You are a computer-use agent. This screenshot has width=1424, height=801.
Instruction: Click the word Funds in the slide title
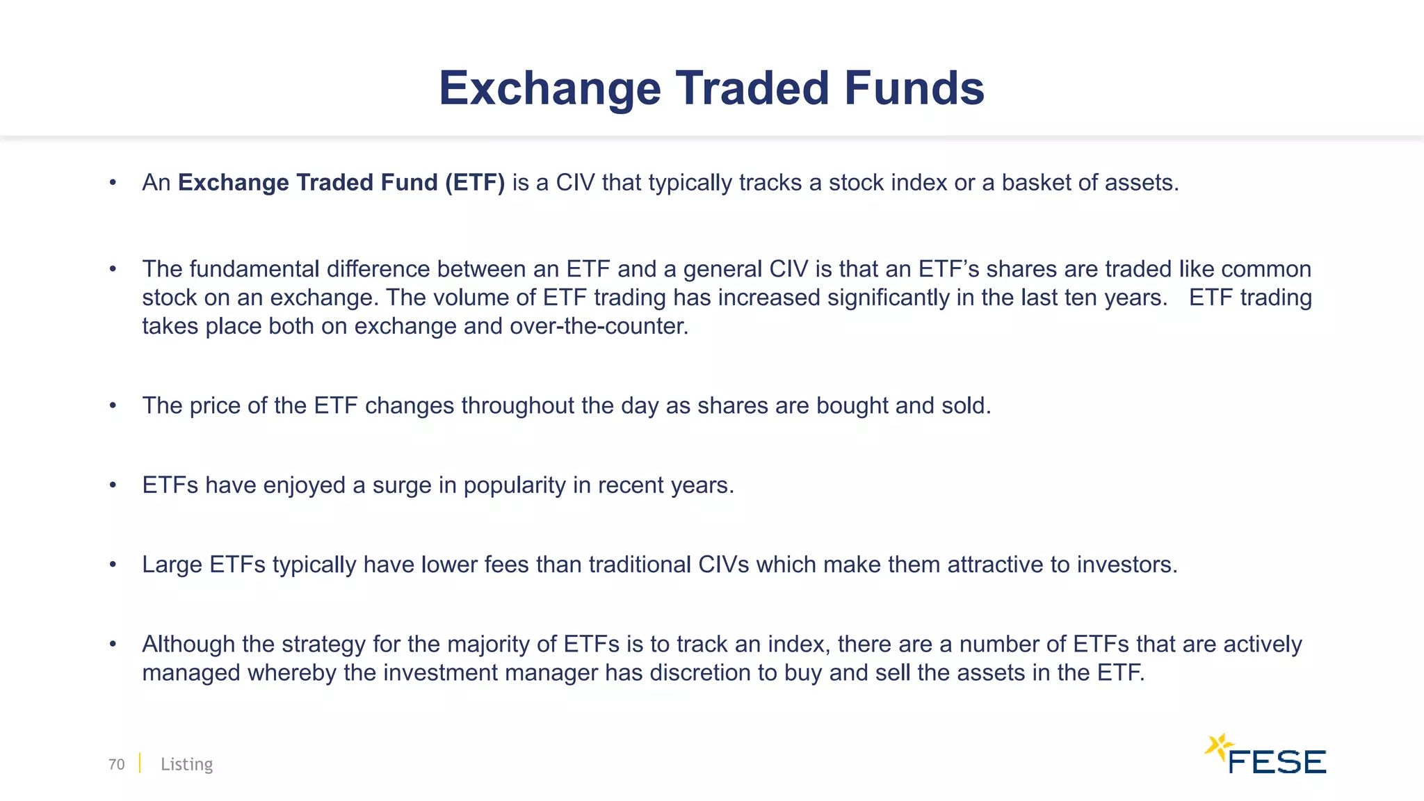914,88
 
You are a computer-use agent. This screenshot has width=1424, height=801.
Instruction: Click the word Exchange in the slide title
549,88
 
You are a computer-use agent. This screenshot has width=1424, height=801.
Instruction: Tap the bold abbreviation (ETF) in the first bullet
475,182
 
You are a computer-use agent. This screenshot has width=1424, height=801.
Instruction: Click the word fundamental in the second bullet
254,269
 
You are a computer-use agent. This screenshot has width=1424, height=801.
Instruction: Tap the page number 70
116,764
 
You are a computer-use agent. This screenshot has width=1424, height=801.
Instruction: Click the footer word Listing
186,764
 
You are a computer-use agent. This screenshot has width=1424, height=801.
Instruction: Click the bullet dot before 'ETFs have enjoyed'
113,485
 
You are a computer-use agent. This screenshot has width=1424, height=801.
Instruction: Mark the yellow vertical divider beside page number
140,763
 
